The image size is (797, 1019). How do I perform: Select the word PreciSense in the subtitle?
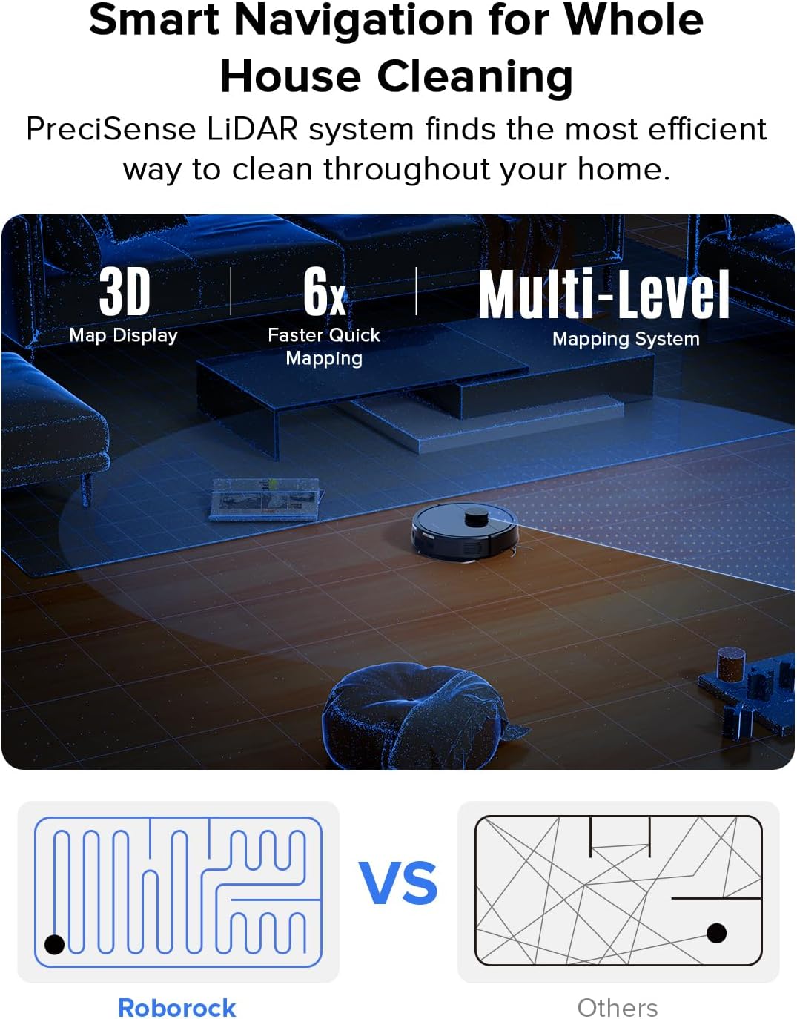tap(110, 129)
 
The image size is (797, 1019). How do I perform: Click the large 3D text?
tap(125, 292)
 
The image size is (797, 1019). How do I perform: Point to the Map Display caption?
tap(123, 335)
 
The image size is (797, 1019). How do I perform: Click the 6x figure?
tap(324, 292)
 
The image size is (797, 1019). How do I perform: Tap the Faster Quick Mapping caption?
tap(324, 346)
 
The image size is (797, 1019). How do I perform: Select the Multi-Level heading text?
tap(603, 295)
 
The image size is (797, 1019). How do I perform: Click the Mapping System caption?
tap(626, 339)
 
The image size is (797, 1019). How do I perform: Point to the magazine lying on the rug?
tap(265, 498)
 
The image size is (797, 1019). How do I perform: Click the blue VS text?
tap(398, 883)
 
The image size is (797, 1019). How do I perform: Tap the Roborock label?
tap(176, 1008)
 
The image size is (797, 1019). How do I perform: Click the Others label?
tap(618, 1008)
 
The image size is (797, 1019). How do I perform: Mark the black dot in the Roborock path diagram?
tap(55, 944)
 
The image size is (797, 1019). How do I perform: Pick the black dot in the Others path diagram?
tap(716, 932)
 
